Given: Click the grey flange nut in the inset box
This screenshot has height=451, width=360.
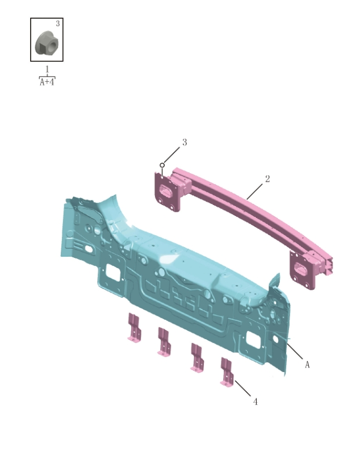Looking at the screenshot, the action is (x=47, y=43).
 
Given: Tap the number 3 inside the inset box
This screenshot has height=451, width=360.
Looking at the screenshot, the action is (x=57, y=23).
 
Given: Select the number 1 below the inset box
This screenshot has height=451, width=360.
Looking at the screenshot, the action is (x=47, y=69).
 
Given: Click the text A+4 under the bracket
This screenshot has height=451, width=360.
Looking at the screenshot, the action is (x=47, y=82).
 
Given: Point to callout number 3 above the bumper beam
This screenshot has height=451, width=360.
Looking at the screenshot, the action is (x=185, y=142).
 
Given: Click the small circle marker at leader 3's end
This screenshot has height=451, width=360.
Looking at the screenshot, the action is (x=162, y=165).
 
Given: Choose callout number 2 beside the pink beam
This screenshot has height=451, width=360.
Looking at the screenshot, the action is (x=267, y=179).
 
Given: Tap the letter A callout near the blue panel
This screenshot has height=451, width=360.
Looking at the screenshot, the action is (x=307, y=365).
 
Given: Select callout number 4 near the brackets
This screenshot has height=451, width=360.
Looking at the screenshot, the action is (x=256, y=402).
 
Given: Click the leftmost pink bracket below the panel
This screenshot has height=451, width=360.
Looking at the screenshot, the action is (x=134, y=328).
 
